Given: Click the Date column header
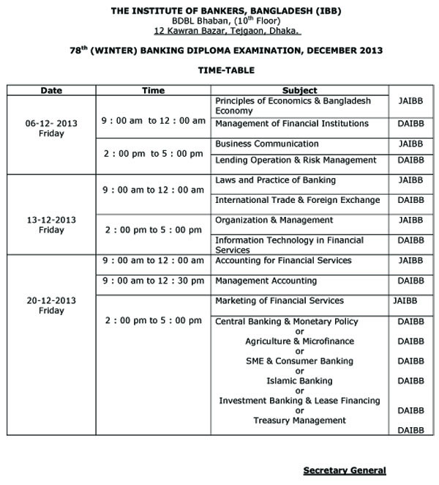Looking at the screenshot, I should point(51,90).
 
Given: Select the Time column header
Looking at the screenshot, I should point(153,90).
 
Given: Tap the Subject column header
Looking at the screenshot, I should point(300,90).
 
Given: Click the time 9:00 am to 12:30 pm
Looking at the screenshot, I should point(153,281).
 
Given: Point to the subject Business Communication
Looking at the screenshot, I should point(267,144).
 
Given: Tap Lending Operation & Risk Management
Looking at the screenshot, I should point(296,160).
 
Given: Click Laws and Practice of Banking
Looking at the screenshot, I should point(275,180).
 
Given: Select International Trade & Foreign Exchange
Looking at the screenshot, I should point(297,200).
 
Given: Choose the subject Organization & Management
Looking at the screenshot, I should point(274,220).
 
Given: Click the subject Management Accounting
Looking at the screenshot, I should point(266,281).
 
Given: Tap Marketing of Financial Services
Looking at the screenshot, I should point(279,301).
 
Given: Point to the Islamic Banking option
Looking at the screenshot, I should point(299,381).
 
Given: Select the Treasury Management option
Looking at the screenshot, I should point(299,421).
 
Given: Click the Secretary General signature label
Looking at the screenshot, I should point(345,470).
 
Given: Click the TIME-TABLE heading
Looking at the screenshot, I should point(225,71).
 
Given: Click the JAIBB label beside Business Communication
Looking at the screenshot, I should point(410,144).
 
